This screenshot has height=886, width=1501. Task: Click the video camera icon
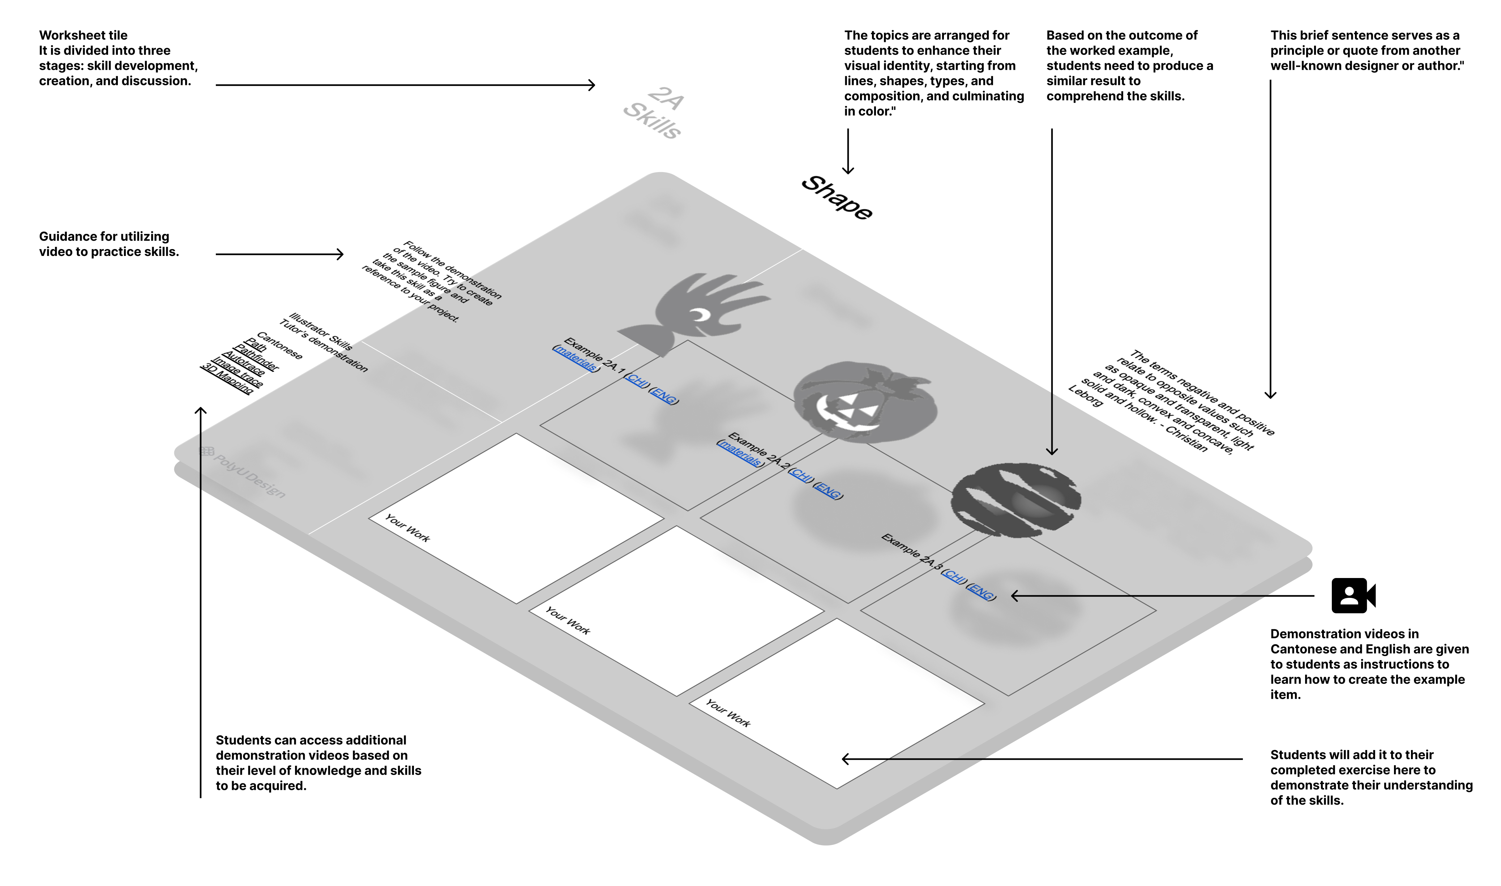(x=1353, y=595)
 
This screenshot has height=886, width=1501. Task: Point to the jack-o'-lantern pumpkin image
(x=864, y=402)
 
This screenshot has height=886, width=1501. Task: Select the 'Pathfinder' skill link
(x=256, y=357)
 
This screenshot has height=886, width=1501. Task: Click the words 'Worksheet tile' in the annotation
(x=83, y=35)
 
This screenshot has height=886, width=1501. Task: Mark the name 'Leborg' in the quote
(x=1086, y=397)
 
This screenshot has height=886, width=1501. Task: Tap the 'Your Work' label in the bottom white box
(x=728, y=712)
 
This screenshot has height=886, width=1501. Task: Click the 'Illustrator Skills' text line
(x=321, y=331)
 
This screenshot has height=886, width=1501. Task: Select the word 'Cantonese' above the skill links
(x=279, y=346)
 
